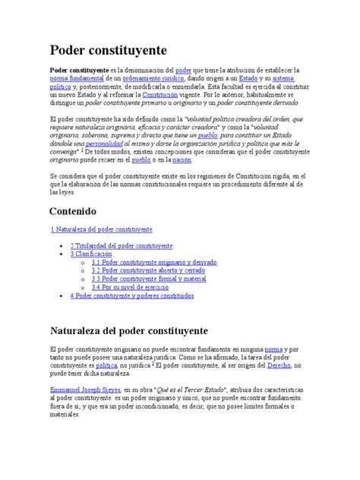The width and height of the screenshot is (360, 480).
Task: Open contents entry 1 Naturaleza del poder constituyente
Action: (x=101, y=229)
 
